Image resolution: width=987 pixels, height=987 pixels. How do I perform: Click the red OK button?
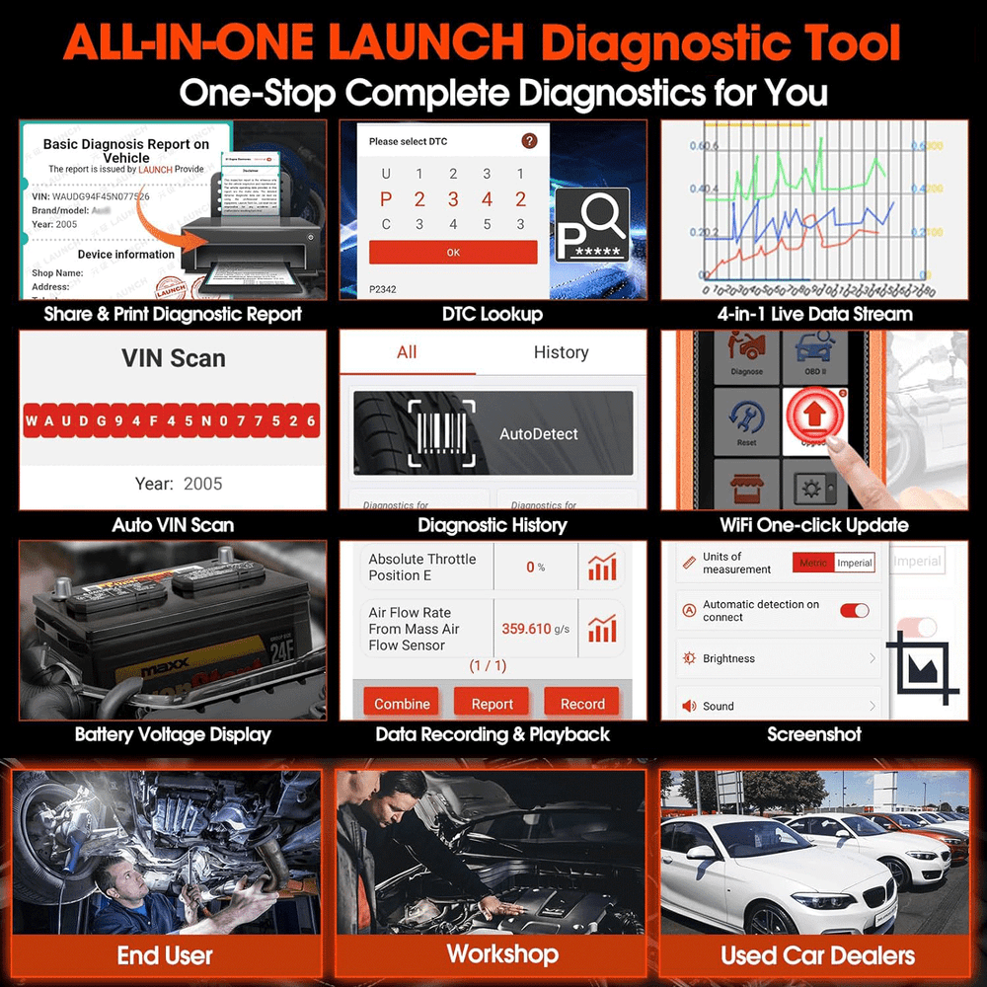point(453,252)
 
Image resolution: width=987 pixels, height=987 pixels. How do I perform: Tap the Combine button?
point(402,703)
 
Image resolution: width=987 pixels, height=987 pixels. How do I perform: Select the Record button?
point(582,703)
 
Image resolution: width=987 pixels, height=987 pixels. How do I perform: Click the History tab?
point(561,352)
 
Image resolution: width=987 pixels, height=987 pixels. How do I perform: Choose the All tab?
point(407,352)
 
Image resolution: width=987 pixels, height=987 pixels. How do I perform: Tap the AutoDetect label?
point(538,433)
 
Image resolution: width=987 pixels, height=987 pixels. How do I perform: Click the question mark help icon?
point(530,141)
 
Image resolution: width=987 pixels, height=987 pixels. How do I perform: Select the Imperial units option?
point(854,563)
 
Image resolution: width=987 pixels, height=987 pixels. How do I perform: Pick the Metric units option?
point(813,563)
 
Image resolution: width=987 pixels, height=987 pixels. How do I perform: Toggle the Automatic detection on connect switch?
point(854,611)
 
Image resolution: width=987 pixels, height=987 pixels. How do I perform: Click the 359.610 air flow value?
point(527,628)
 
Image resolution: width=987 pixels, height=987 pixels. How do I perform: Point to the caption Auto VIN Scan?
point(173,525)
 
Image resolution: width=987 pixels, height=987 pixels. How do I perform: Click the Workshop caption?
point(502,953)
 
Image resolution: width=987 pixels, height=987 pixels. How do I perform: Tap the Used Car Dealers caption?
point(817,954)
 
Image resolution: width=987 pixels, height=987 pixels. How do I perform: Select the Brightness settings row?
point(780,658)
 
